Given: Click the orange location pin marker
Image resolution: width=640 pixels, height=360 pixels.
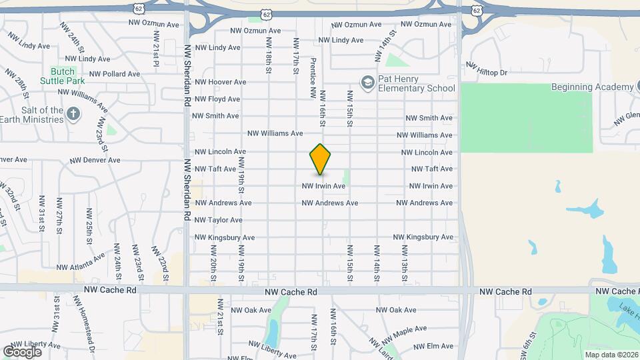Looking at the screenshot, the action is coord(321,159).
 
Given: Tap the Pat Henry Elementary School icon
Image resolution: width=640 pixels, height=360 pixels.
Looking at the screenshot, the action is coord(367,83).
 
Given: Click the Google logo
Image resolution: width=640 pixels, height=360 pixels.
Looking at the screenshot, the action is coord(22,351).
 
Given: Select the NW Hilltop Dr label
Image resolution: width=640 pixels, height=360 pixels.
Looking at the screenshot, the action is coord(487,69).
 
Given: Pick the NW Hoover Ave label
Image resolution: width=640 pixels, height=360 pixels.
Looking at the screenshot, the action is coord(216,82).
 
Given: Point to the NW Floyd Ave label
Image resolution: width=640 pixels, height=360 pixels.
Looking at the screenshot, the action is coord(216,99).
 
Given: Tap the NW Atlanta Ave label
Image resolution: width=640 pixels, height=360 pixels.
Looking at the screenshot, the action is coord(81,262).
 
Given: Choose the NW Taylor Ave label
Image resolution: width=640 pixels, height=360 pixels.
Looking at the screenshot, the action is coord(219,220).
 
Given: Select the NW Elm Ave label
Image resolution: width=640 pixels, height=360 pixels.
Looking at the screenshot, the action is coord(433,346).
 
